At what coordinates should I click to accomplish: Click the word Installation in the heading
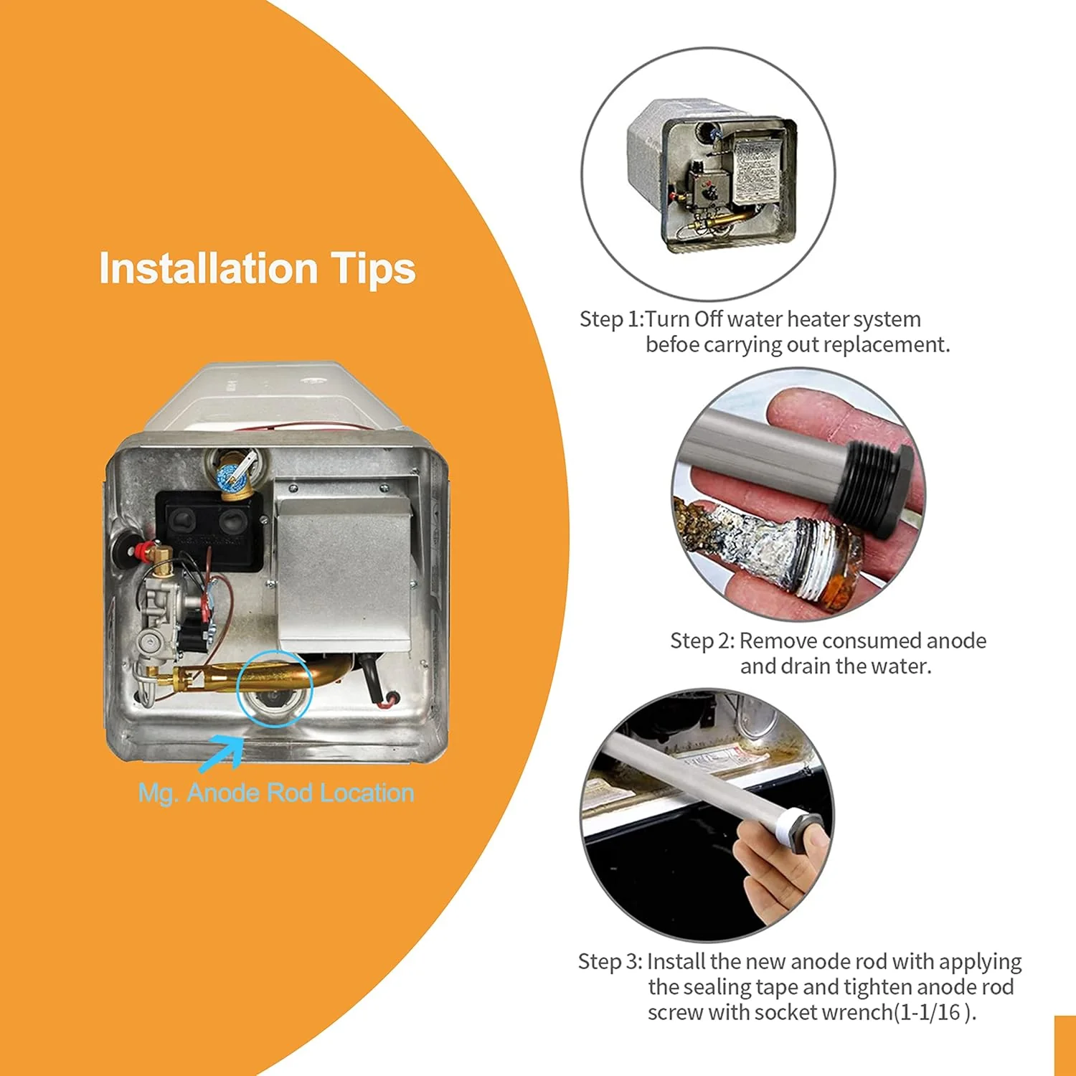tap(208, 269)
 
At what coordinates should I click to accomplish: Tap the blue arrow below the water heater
tap(222, 755)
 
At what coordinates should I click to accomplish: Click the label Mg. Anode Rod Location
tap(276, 793)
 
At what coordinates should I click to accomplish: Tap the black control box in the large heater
tap(210, 530)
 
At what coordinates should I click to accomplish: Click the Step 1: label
tap(611, 319)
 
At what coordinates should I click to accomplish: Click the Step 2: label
tap(702, 641)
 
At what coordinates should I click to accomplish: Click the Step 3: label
tap(610, 961)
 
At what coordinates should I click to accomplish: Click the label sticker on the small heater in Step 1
tap(753, 168)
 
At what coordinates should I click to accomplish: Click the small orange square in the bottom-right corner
tap(1065, 1046)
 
